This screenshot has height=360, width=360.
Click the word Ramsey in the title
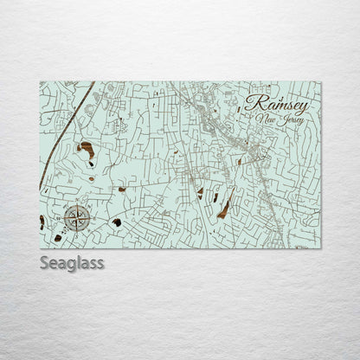coord(276,103)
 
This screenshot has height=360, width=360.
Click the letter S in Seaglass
coord(45,263)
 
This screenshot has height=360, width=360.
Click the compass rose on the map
coord(77,218)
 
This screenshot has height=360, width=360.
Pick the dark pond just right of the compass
coord(116,222)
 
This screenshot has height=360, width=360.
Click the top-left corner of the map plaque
coord(40,82)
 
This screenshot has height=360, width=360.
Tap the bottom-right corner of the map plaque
coord(320,247)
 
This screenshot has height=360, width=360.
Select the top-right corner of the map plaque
coord(320,82)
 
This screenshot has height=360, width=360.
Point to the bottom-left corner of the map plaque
coord(40,247)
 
